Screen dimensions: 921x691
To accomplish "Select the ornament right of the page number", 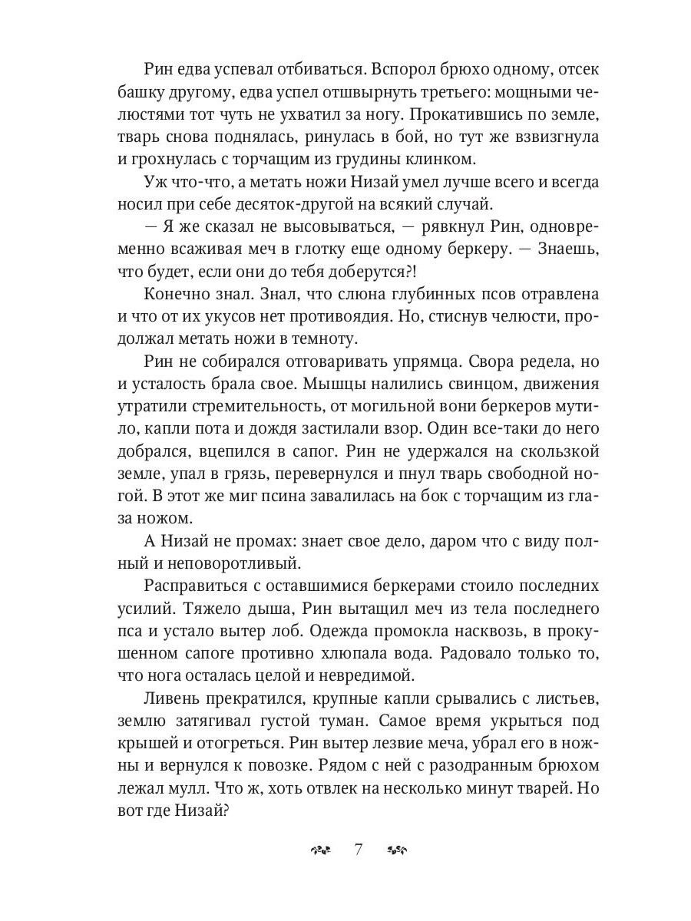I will pos(397,850).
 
